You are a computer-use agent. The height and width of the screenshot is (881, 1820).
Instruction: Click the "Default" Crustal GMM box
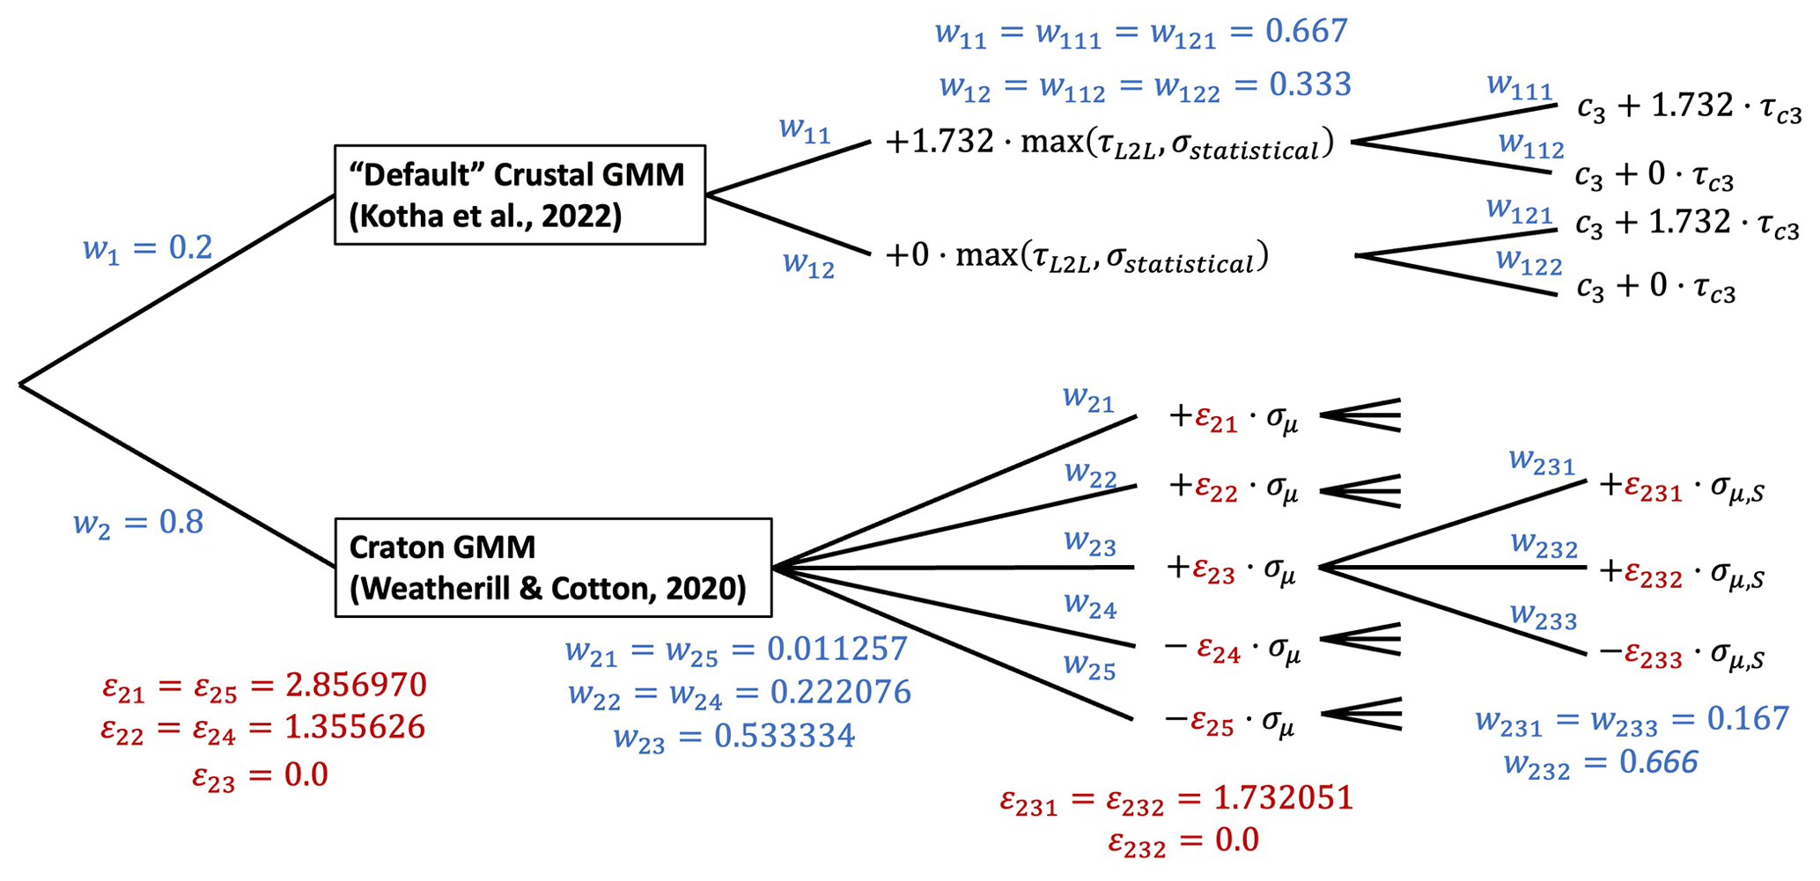coord(519,195)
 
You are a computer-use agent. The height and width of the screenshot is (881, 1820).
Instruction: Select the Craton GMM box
coord(553,568)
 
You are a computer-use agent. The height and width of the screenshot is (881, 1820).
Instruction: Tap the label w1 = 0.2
coord(148,248)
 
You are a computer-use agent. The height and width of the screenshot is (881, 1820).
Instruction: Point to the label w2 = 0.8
coord(138,523)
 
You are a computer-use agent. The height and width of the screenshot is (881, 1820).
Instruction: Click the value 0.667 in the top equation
coord(1306,32)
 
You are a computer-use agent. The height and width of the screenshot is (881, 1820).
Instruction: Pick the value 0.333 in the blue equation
coord(1309,84)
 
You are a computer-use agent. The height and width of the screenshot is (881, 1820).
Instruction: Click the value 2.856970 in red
coord(356,685)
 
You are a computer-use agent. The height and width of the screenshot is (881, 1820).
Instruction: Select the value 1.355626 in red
coord(355,727)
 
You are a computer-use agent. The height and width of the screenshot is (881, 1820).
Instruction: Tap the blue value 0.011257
coord(836,649)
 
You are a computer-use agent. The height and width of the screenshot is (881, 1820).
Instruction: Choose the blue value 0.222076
coord(840,692)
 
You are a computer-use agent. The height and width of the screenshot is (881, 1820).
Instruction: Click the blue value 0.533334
coord(784,736)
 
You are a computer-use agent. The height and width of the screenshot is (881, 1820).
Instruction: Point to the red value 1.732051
coord(1282,797)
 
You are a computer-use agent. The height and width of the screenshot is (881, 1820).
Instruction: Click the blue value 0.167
coord(1748,718)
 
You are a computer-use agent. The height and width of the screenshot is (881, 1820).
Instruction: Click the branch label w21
coord(1088,399)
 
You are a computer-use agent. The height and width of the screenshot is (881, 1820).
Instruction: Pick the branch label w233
coord(1543,615)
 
